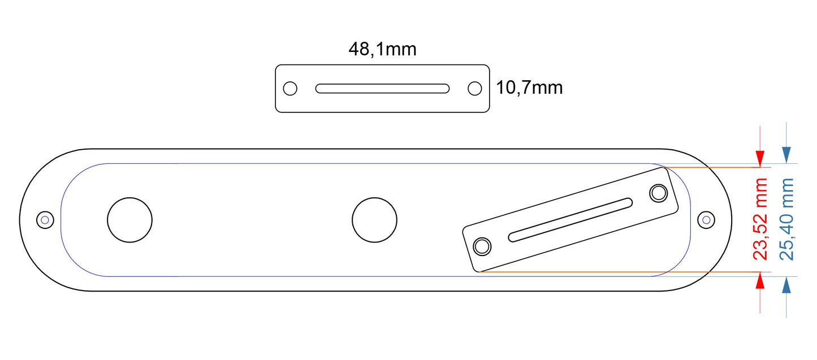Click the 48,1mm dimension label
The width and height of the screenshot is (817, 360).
[x=382, y=49]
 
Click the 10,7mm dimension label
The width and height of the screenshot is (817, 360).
[x=529, y=88]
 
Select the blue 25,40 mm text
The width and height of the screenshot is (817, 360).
[x=786, y=219]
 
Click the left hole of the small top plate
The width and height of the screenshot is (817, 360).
[x=290, y=89]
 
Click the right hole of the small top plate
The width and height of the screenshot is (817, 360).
[x=474, y=89]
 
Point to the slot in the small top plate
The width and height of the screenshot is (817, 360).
[x=382, y=89]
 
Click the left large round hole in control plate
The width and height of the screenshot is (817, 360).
[x=130, y=219]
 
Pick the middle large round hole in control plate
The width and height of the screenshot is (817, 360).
[x=374, y=219]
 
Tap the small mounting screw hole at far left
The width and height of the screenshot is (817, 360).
[x=44, y=219]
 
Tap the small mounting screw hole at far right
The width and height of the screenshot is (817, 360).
[x=706, y=219]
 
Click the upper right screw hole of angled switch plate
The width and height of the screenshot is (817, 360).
[x=658, y=193]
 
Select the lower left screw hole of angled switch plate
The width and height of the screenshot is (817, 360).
[x=482, y=246]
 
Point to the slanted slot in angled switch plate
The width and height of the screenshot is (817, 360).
[x=570, y=220]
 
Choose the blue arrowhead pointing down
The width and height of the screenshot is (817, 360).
[x=786, y=154]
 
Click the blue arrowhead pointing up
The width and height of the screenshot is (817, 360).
[x=786, y=285]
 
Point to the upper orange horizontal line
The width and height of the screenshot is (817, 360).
[x=712, y=168]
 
